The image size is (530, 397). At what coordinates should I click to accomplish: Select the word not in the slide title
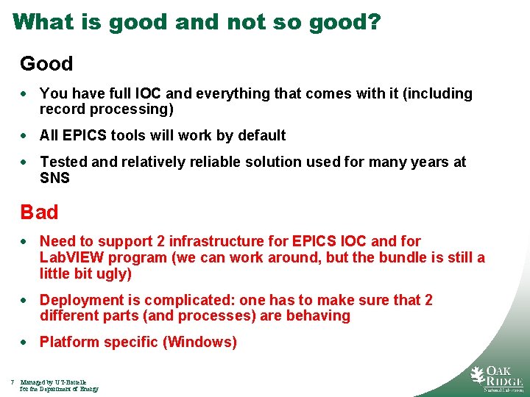click(246, 21)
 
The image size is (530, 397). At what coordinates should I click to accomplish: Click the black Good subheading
click(46, 64)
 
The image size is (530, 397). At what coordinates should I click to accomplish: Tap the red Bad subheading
click(39, 212)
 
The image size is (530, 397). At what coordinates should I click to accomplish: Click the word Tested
click(64, 162)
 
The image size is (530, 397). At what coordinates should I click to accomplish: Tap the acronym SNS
click(54, 177)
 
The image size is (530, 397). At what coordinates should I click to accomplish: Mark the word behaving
click(318, 315)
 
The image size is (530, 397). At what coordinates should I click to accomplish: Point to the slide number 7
click(13, 382)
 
